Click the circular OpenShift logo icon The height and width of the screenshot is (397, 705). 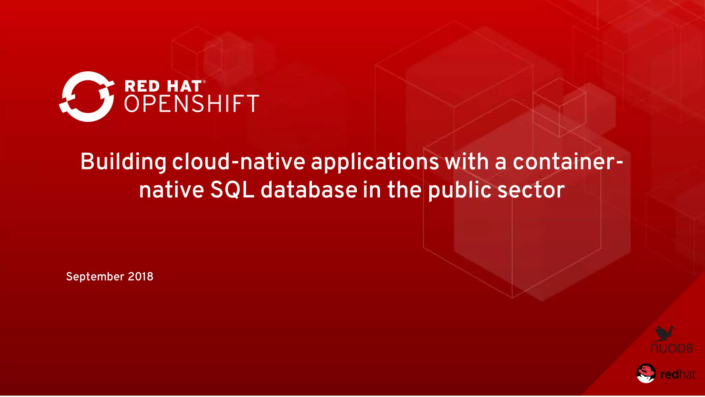click(x=87, y=96)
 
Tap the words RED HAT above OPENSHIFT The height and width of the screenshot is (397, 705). click(x=163, y=86)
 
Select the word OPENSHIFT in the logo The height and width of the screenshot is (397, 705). click(x=191, y=103)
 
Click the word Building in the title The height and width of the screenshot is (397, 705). click(x=123, y=162)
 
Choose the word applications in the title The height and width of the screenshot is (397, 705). click(x=375, y=162)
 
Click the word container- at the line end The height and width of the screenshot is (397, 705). click(x=568, y=162)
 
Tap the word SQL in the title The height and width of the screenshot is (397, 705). click(x=232, y=190)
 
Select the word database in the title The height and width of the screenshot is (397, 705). click(x=309, y=190)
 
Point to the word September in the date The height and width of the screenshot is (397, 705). click(x=95, y=277)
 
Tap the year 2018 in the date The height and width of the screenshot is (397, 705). click(x=140, y=276)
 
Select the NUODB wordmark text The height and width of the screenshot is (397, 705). click(x=672, y=348)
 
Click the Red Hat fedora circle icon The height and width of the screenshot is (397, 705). click(x=646, y=373)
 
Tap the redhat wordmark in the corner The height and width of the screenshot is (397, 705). click(x=678, y=374)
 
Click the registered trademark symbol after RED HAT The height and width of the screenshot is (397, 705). click(x=204, y=82)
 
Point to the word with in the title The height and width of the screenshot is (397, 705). click(x=467, y=162)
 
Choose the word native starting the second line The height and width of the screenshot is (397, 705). click(x=171, y=190)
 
